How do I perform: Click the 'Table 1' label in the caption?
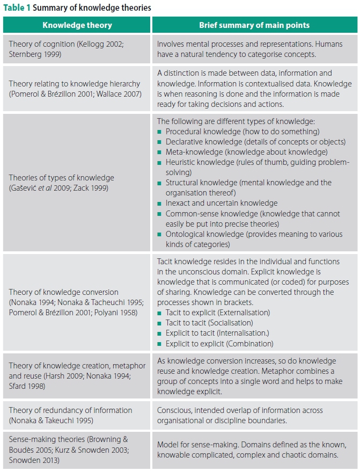coord(17,8)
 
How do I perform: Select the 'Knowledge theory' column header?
coord(77,25)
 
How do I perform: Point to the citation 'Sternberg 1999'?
coord(36,54)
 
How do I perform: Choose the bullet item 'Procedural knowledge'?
coord(243,131)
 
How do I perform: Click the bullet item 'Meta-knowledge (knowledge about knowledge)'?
coord(246,152)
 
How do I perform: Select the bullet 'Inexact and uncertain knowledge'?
coord(222,203)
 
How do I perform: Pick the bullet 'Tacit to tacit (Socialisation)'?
coord(209,323)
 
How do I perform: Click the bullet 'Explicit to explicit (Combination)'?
coord(219,344)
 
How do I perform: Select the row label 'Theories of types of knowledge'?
coord(61,178)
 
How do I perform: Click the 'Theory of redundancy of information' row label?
coord(70,411)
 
